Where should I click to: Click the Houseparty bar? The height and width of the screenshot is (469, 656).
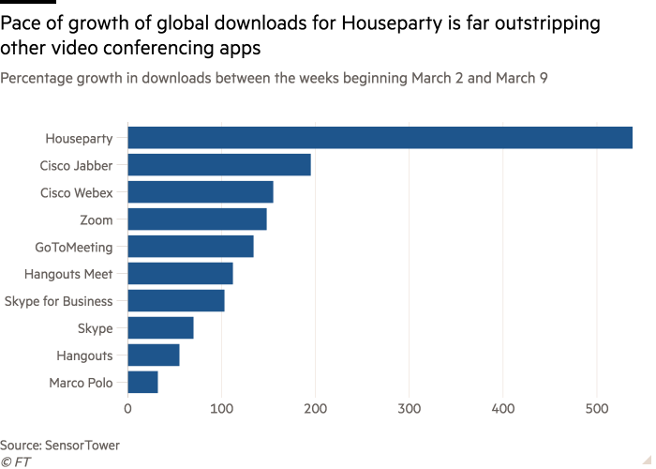click(380, 138)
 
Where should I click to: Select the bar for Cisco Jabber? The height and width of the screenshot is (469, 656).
click(219, 165)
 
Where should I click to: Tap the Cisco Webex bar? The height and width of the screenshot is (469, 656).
click(201, 192)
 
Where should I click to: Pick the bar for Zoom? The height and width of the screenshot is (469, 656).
click(197, 219)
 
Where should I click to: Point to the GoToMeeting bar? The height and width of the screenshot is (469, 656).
click(190, 247)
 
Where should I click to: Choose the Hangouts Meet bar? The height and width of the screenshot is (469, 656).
click(180, 274)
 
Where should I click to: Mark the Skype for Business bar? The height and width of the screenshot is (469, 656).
click(176, 301)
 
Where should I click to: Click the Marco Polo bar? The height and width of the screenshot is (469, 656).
click(142, 383)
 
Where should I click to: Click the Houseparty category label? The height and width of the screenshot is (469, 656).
click(79, 139)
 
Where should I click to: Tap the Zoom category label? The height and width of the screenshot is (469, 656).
click(97, 219)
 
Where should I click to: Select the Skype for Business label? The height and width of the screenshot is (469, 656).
click(58, 301)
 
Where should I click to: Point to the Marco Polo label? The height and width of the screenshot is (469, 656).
click(81, 383)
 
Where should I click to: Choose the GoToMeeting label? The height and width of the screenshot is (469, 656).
click(73, 247)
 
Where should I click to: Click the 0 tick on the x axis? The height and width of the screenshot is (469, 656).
click(127, 408)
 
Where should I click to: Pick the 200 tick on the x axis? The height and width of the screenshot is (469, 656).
click(316, 408)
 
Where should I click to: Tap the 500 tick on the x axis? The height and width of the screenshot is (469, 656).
click(597, 408)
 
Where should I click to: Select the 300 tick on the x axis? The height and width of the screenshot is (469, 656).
click(410, 408)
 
